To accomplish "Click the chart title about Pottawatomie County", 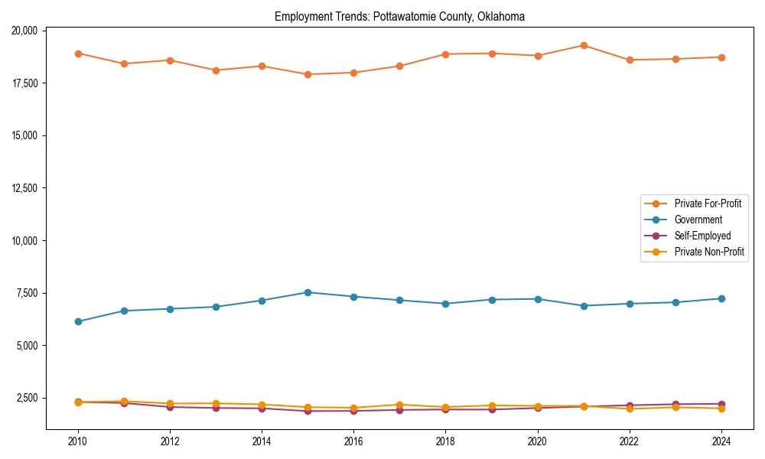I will tap(399, 16).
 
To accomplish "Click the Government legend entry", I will tap(698, 220).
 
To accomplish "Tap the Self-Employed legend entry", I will tap(702, 236).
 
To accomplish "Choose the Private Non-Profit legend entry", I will tap(709, 252).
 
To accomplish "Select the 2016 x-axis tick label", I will tap(353, 441).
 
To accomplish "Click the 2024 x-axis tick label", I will tap(721, 441).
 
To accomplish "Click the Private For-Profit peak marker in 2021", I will tap(584, 45).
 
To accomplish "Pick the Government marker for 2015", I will tap(308, 292).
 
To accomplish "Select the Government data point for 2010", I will tap(78, 321).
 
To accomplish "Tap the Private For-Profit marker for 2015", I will tap(308, 74).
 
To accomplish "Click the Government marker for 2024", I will tap(721, 298).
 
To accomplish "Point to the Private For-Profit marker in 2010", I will tap(78, 54).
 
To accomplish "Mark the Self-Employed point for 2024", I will tap(721, 404).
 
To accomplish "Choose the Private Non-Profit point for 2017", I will tap(399, 405).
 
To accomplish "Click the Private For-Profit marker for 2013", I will tap(216, 70).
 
